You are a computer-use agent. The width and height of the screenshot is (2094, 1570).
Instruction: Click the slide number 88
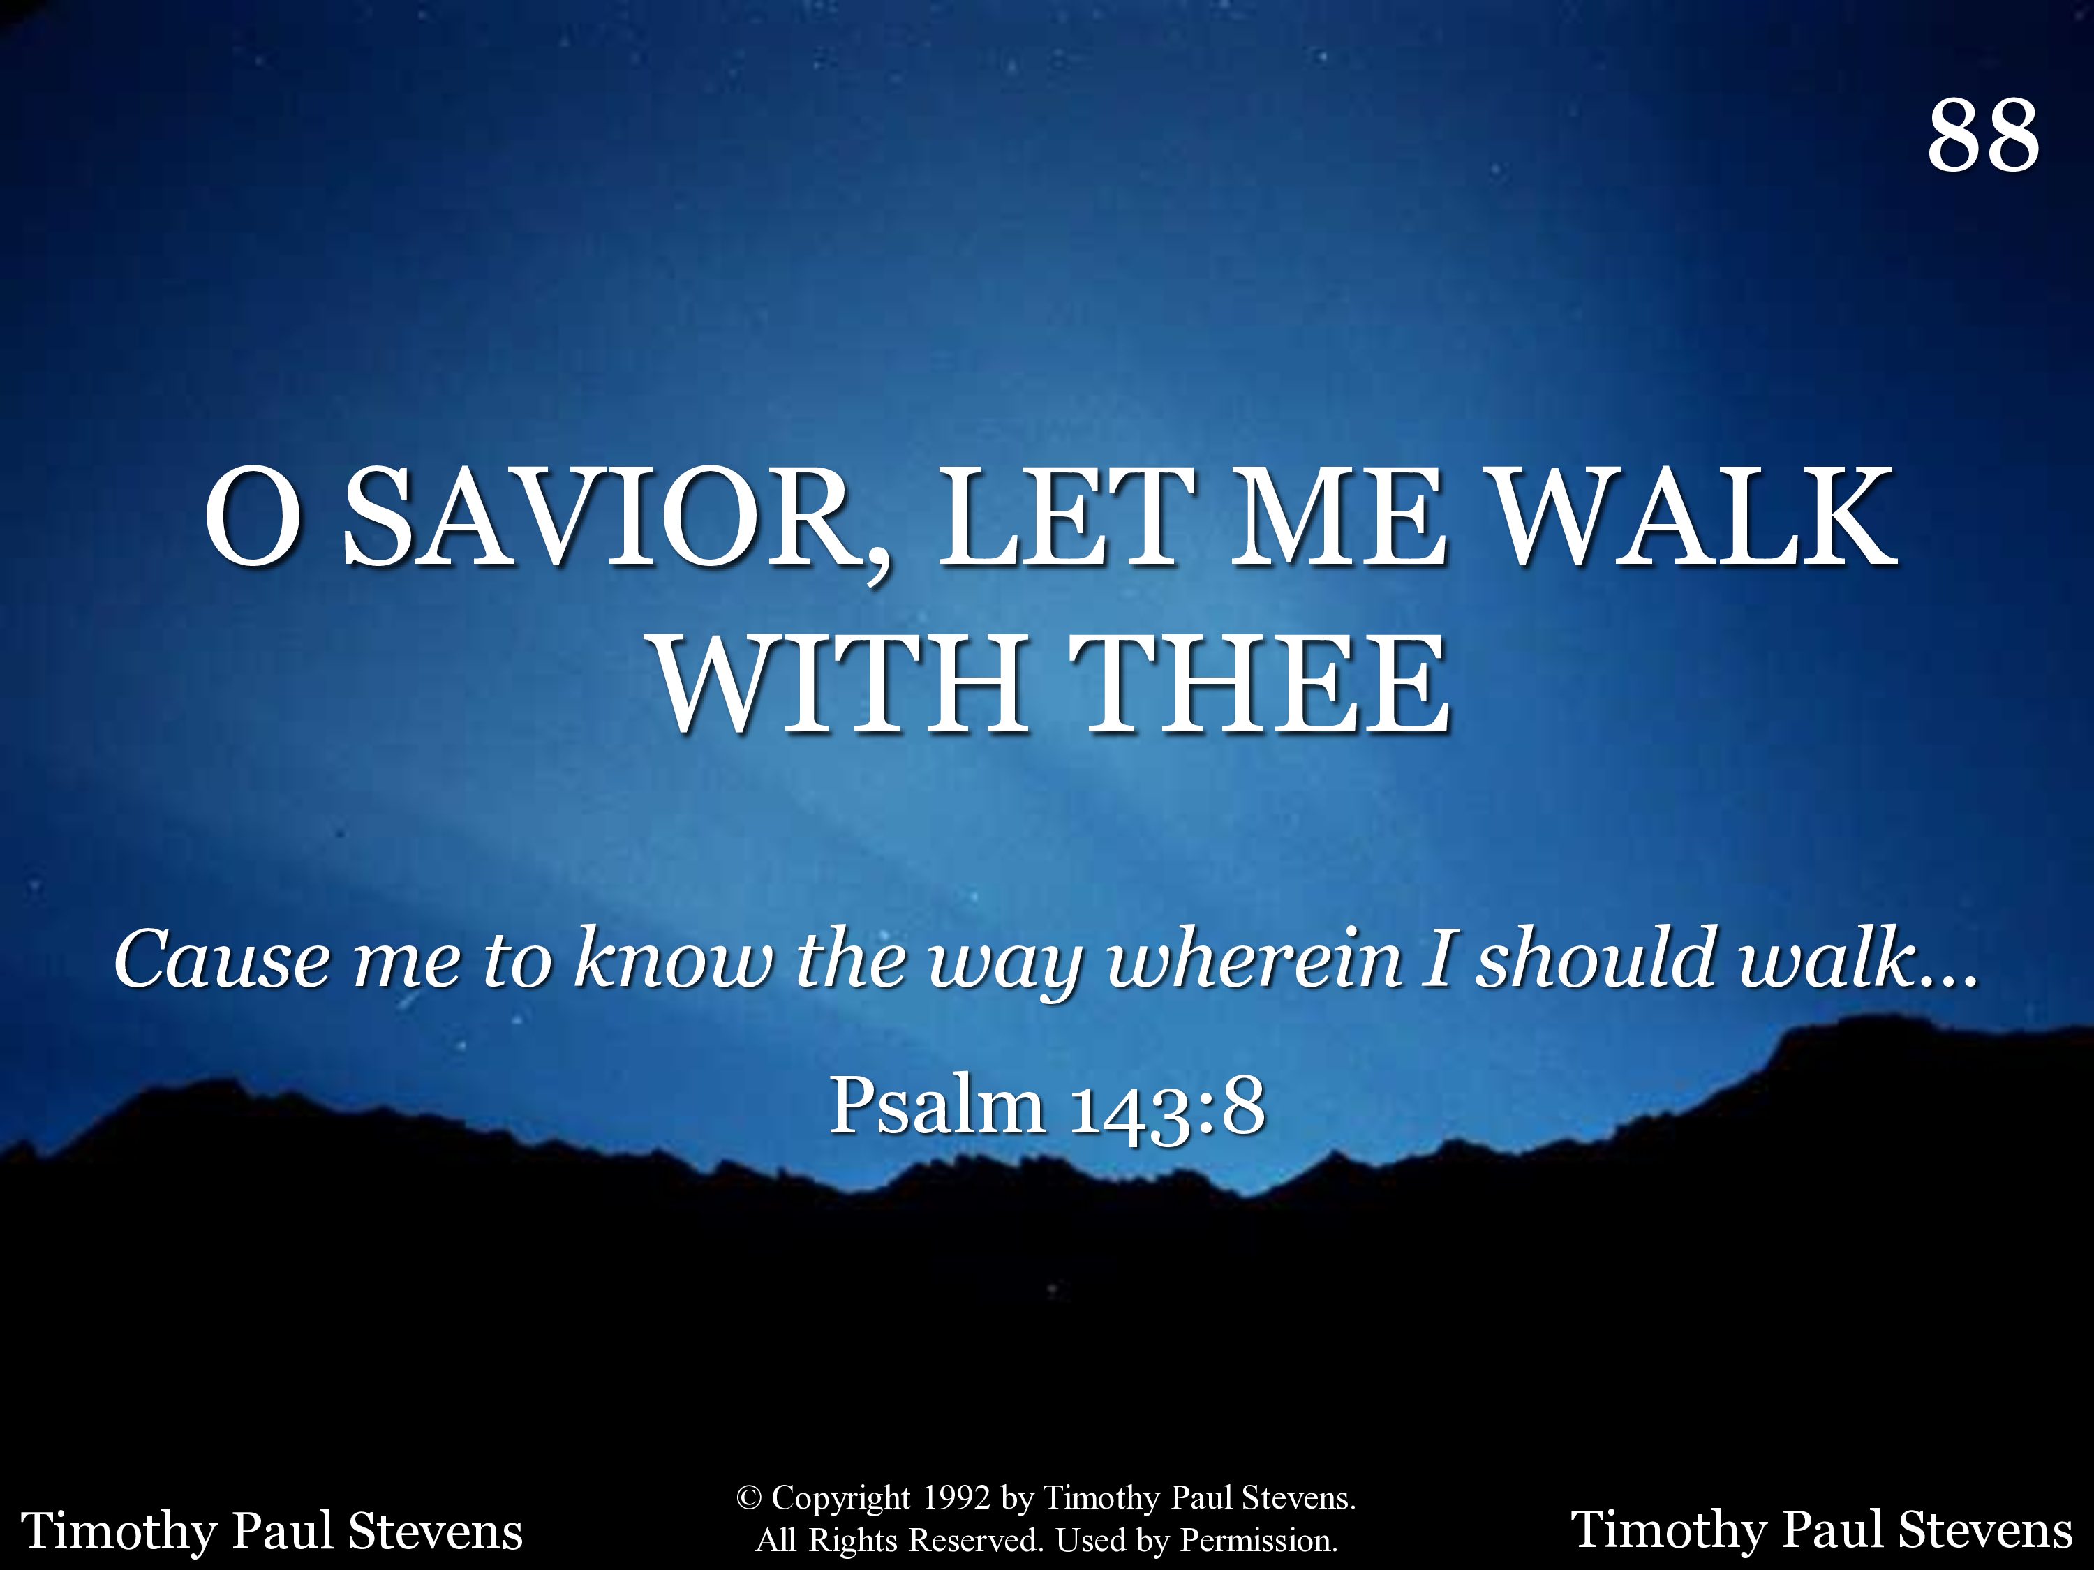[x=1983, y=135]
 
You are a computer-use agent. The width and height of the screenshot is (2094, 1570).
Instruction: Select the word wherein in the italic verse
[x=1254, y=958]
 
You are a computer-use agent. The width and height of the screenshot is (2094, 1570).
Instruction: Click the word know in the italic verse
[x=674, y=958]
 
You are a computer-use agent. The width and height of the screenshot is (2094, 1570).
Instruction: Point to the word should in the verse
[x=1597, y=958]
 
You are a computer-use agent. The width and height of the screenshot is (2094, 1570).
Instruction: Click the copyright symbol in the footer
[x=749, y=1497]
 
